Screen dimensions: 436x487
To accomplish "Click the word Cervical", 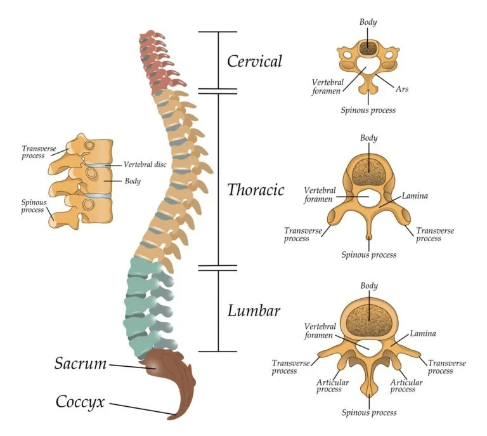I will point(254,62).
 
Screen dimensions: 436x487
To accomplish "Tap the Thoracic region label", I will point(256,190).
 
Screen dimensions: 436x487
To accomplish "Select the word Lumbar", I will point(254,311).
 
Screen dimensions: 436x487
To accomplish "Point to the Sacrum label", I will point(80,364).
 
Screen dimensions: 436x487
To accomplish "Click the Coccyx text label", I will point(80,402).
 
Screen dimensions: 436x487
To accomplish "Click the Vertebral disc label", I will point(145,164).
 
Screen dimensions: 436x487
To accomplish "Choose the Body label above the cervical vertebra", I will point(368,22).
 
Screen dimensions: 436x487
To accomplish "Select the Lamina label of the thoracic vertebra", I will point(415,195).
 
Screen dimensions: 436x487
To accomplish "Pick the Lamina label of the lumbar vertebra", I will point(422,333).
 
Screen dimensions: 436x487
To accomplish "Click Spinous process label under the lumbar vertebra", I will point(368,413).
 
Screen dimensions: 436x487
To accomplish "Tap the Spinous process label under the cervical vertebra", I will point(368,110).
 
